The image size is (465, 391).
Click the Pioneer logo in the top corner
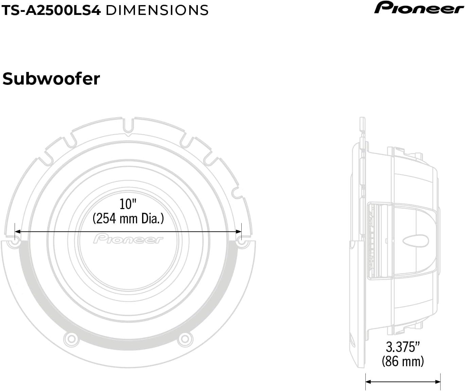(x=418, y=8)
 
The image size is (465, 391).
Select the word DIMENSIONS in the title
(x=157, y=10)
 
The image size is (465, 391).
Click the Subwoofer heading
(x=51, y=79)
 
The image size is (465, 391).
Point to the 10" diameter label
(x=128, y=204)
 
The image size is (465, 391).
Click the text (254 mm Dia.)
(x=128, y=218)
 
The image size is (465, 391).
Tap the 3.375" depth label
(x=403, y=347)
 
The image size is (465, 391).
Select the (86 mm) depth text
(x=403, y=361)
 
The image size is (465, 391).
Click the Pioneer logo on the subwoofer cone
(x=128, y=239)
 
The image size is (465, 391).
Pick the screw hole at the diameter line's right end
(x=242, y=243)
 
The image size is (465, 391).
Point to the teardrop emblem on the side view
(x=417, y=240)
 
